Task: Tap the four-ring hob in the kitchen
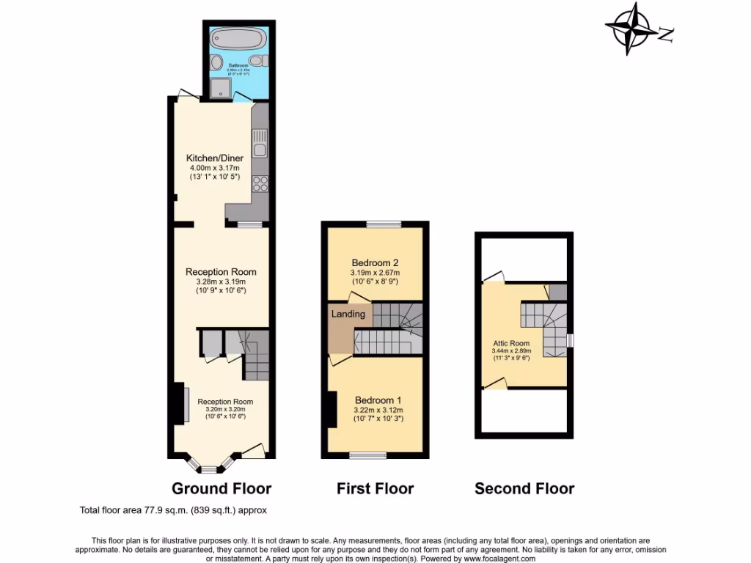[260, 184]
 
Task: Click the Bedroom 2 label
[375, 262]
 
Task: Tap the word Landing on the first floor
[348, 314]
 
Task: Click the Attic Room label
[510, 343]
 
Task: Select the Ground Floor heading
[221, 488]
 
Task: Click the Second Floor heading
[524, 488]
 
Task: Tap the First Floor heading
[375, 488]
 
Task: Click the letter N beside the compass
[666, 34]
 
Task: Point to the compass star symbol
[631, 28]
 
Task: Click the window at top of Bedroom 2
[384, 224]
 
